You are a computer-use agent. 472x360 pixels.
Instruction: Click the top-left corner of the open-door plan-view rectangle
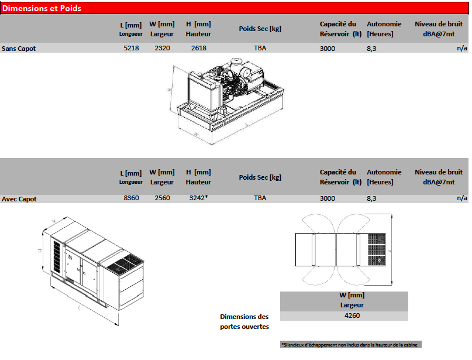(x=295, y=233)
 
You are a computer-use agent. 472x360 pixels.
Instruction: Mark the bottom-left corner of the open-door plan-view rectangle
(x=295, y=266)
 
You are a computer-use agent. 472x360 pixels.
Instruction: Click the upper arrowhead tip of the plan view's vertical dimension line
(x=392, y=214)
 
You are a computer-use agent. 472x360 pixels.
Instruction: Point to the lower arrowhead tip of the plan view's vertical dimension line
(x=392, y=285)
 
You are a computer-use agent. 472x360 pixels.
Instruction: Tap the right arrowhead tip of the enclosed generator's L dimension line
(x=118, y=325)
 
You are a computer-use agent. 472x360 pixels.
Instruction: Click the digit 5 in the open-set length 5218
(x=126, y=48)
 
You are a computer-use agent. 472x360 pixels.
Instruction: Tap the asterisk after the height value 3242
(x=206, y=197)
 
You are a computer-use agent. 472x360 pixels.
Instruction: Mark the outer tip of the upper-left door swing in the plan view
(x=302, y=220)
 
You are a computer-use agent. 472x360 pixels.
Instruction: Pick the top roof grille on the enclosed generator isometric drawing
(x=125, y=263)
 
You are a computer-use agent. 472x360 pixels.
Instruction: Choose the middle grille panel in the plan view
(x=377, y=250)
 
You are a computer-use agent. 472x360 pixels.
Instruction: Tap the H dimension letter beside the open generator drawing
(x=170, y=90)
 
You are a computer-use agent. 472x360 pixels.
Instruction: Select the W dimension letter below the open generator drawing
(x=196, y=134)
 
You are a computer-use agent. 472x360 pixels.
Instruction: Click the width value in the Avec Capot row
(x=162, y=198)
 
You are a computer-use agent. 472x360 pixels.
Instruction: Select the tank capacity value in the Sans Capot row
(x=327, y=49)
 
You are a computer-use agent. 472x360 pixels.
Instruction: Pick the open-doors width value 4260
(x=352, y=316)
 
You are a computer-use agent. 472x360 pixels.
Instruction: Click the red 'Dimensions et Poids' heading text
(x=42, y=8)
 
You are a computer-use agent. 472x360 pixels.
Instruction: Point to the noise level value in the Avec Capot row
(x=462, y=198)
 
